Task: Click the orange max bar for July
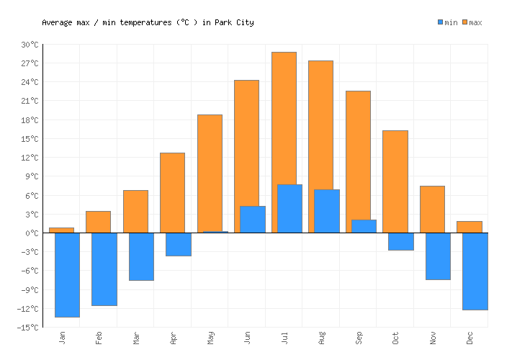[284, 119]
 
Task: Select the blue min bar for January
[67, 274]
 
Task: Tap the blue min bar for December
[475, 271]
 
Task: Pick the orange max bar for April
[172, 192]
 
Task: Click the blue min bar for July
[289, 209]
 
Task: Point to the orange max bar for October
[395, 181]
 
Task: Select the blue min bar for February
[104, 269]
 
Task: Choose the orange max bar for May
[210, 173]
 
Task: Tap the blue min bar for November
[438, 256]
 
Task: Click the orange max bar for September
[358, 155]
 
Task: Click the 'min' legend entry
[447, 22]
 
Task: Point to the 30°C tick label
[30, 45]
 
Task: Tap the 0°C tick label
[32, 233]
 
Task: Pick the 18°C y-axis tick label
[30, 120]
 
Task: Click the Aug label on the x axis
[321, 337]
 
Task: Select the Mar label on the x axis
[136, 337]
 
